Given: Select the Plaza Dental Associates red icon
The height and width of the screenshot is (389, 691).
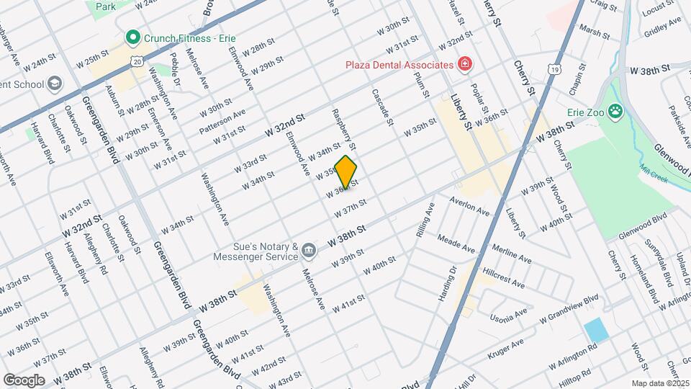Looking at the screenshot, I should coord(465,65).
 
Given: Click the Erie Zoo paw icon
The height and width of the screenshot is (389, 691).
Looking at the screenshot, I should coord(615,111).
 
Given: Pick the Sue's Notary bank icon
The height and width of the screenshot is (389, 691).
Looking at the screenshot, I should coord(309,251).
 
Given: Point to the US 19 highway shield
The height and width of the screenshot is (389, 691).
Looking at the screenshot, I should coord(553,68).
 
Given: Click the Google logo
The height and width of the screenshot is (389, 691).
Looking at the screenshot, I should coord(24,380).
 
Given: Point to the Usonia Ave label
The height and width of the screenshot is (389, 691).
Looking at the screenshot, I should coord(507,315).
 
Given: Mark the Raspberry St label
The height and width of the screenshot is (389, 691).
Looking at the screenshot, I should coord(343,125).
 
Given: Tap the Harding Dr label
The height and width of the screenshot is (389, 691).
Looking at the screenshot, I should coord(448,285).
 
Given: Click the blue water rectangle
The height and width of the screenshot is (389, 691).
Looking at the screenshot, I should coord(596,331).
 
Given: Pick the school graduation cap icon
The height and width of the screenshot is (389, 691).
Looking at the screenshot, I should coord(53,84).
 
